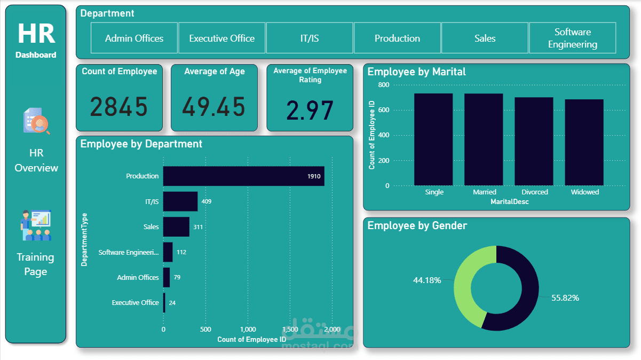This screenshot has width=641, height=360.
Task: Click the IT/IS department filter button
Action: tap(310, 38)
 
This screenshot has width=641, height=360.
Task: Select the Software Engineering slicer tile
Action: tap(572, 38)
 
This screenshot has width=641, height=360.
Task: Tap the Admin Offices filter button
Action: tap(134, 38)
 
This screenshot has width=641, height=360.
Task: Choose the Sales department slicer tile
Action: tap(485, 38)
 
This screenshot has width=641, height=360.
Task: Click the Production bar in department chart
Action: tap(243, 176)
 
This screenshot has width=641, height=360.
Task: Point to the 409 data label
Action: tap(206, 202)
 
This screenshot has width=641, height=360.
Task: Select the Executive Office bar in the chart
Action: tap(164, 303)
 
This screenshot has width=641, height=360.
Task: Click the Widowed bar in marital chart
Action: tap(584, 142)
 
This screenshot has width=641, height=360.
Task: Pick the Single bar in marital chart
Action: tap(433, 139)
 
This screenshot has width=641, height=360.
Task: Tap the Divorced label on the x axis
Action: tap(535, 192)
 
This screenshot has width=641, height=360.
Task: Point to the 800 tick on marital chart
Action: tap(383, 85)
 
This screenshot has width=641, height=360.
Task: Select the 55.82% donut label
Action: tap(565, 298)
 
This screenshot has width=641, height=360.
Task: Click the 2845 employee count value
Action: tap(118, 107)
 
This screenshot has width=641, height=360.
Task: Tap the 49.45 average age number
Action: tap(213, 107)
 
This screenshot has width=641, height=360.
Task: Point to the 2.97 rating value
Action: tap(310, 110)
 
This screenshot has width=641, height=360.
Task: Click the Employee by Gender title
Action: tap(417, 226)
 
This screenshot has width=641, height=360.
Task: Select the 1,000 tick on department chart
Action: tap(248, 330)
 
